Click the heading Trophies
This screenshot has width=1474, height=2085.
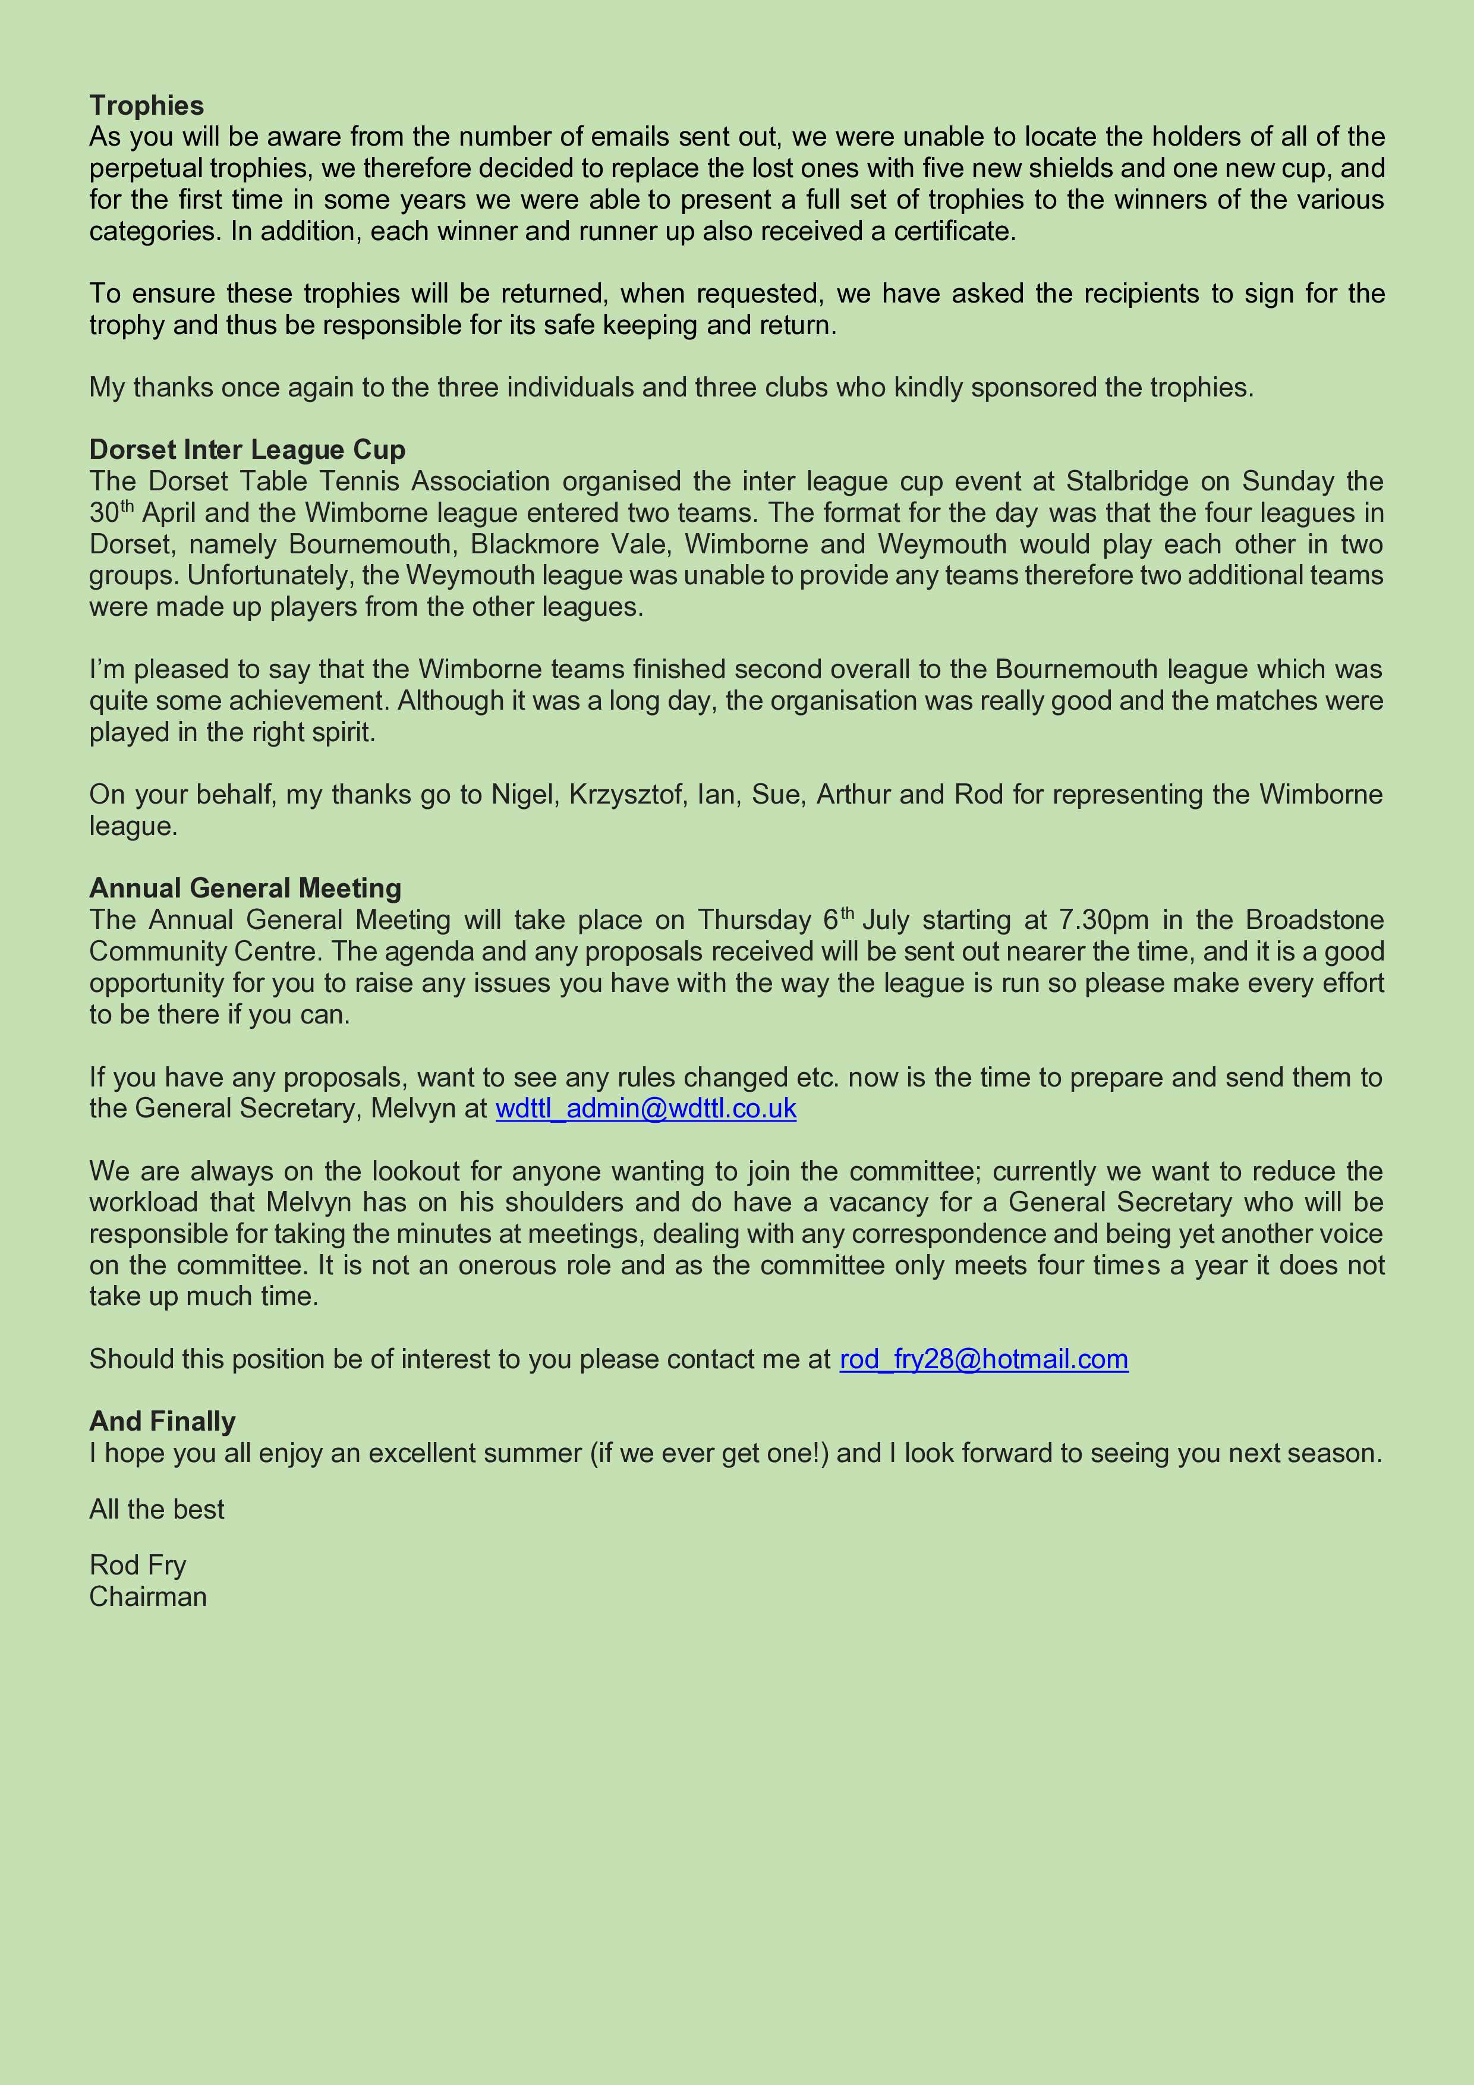pyautogui.click(x=146, y=106)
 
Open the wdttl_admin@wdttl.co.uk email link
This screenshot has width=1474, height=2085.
pyautogui.click(x=645, y=1109)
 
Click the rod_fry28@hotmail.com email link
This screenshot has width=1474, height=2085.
pyautogui.click(x=984, y=1359)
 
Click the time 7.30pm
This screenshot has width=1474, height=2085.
pyautogui.click(x=1104, y=920)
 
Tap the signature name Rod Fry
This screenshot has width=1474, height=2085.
pyautogui.click(x=138, y=1566)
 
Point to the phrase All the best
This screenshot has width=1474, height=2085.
pyautogui.click(x=156, y=1509)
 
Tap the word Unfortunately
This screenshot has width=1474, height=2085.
pyautogui.click(x=222, y=576)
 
